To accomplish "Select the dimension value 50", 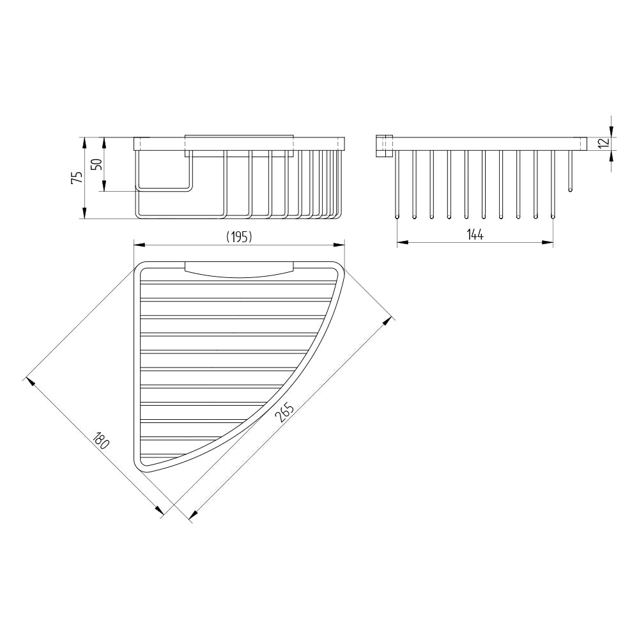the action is point(96,164).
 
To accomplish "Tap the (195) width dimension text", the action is point(239,237).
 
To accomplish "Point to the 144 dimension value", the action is point(475,235).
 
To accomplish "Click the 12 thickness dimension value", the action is point(604,143).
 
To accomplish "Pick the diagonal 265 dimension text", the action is point(284,412).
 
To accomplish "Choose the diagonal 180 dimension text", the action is point(100,440).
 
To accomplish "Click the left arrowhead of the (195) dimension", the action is point(139,245).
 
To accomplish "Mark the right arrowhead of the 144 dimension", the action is point(548,242).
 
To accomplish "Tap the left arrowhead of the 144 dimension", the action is point(402,242).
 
